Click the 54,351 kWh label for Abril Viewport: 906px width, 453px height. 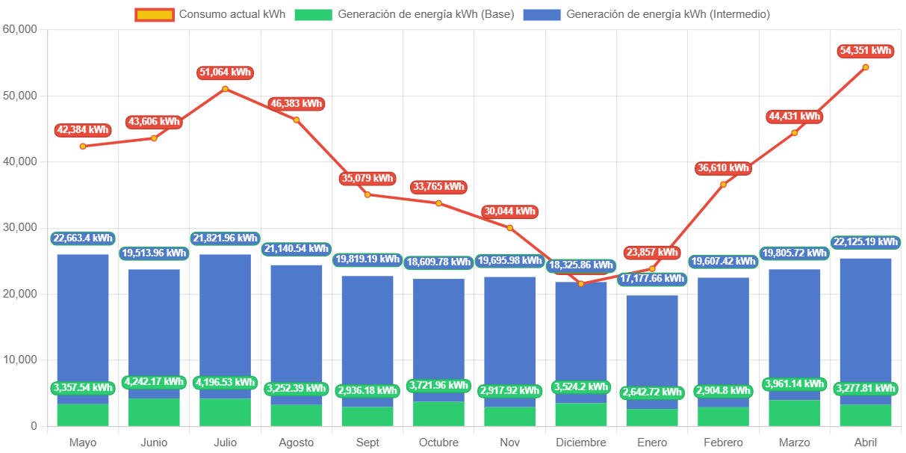pos(865,51)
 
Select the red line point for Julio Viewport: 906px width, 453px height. pos(225,89)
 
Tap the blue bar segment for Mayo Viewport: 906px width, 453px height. pos(82,321)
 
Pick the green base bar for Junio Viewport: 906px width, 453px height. pos(154,413)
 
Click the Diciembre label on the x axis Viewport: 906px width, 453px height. pos(580,443)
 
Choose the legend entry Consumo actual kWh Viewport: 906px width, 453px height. pos(211,14)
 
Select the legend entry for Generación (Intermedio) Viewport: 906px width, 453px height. pos(647,14)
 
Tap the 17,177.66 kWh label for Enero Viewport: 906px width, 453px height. pos(652,279)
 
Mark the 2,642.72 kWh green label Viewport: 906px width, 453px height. pos(652,392)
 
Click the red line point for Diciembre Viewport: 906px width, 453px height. pos(581,283)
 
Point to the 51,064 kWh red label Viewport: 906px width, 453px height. pos(225,73)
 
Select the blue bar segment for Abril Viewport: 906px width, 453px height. pos(865,321)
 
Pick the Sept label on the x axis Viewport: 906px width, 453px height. pos(367,443)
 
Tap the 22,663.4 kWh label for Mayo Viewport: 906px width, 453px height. pos(82,238)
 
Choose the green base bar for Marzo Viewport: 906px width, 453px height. pos(794,413)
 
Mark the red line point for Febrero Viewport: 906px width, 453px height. pos(723,185)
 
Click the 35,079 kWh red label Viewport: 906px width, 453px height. pos(367,179)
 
